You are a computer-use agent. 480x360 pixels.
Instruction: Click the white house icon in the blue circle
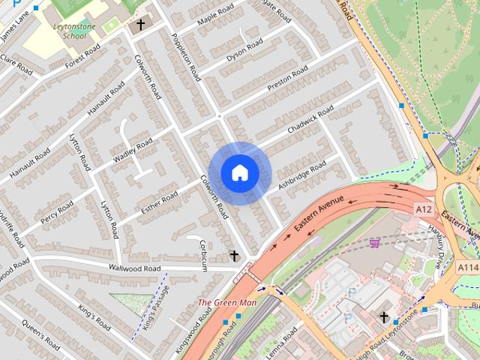239,172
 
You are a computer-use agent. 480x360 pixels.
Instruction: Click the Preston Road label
287,78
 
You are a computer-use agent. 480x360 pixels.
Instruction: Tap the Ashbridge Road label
301,173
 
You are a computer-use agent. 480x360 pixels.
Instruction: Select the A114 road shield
469,267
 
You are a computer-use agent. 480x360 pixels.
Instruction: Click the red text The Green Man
226,303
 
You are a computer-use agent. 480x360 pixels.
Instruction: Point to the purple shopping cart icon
373,242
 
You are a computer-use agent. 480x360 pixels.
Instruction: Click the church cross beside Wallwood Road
234,256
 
